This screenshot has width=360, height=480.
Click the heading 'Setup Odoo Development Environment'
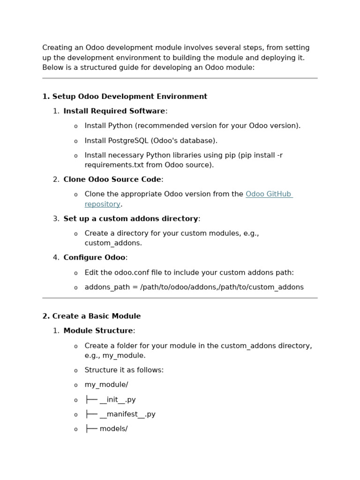(x=129, y=97)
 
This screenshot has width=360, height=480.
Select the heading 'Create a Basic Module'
(x=96, y=316)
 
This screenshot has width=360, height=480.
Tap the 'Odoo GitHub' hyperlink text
(x=269, y=194)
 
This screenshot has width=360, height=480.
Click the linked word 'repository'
(x=102, y=204)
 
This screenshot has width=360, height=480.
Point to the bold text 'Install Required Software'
(x=114, y=111)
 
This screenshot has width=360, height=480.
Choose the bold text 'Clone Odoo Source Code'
(x=112, y=180)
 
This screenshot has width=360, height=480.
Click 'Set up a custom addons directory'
(x=130, y=218)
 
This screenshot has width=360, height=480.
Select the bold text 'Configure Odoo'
(x=94, y=257)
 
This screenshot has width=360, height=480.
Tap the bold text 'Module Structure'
(x=98, y=330)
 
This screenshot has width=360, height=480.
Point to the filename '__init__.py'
(x=118, y=400)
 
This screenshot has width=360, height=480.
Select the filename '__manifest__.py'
(x=127, y=414)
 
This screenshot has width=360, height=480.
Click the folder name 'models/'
(x=113, y=429)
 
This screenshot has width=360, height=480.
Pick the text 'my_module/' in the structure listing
(x=106, y=385)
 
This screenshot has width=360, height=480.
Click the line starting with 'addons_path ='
(x=194, y=287)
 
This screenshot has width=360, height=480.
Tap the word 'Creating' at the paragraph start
(x=56, y=48)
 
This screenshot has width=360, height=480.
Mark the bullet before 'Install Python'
(x=75, y=126)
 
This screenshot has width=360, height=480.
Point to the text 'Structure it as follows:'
(x=124, y=370)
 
